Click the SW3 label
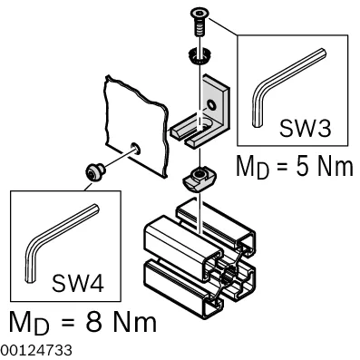click(305, 128)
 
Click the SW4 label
click(78, 283)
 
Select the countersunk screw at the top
click(199, 22)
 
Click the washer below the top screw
click(199, 55)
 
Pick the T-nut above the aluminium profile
click(199, 179)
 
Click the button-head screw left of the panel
click(94, 171)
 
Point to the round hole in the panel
click(135, 149)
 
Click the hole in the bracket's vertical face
click(211, 105)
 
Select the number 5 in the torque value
click(302, 166)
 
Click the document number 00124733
click(36, 350)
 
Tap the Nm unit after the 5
click(336, 166)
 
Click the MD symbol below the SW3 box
click(252, 167)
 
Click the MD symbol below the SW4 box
click(29, 322)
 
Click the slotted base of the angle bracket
click(193, 131)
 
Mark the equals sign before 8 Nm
click(68, 321)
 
